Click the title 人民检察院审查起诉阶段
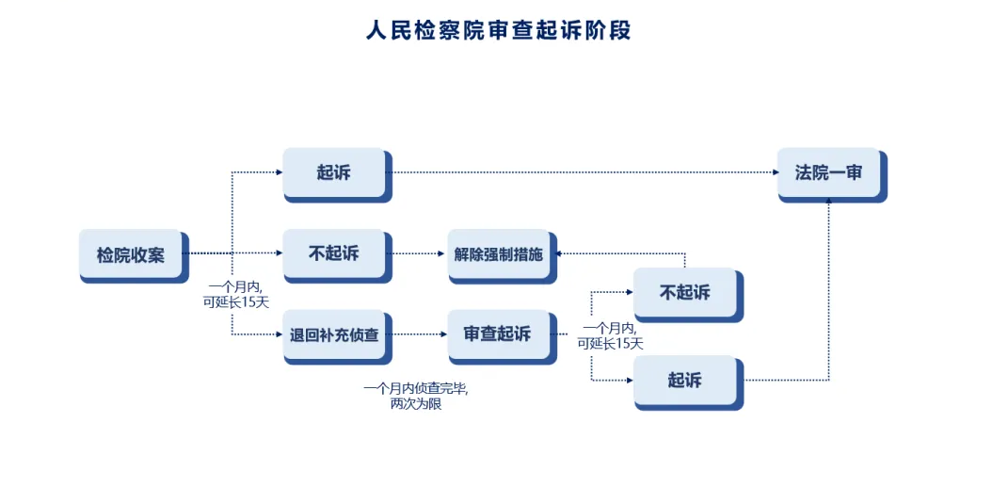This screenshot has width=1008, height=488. click(x=498, y=30)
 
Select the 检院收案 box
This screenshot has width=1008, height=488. click(x=131, y=254)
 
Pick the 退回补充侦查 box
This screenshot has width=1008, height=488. click(x=334, y=333)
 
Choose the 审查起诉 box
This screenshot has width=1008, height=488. click(x=498, y=333)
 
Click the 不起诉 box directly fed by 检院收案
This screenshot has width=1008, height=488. click(x=334, y=253)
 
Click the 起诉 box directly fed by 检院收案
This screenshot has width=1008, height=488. click(x=334, y=172)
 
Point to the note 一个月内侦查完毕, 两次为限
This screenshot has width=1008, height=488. click(x=415, y=396)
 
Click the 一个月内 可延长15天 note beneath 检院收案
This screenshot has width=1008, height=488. click(x=235, y=294)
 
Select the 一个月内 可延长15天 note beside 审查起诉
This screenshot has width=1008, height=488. click(x=611, y=335)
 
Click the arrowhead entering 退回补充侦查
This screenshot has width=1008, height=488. click(x=279, y=333)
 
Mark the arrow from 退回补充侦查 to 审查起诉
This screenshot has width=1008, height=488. click(x=417, y=333)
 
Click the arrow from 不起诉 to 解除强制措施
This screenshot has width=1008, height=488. click(x=621, y=253)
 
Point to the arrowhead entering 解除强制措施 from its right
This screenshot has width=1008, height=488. click(x=559, y=253)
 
